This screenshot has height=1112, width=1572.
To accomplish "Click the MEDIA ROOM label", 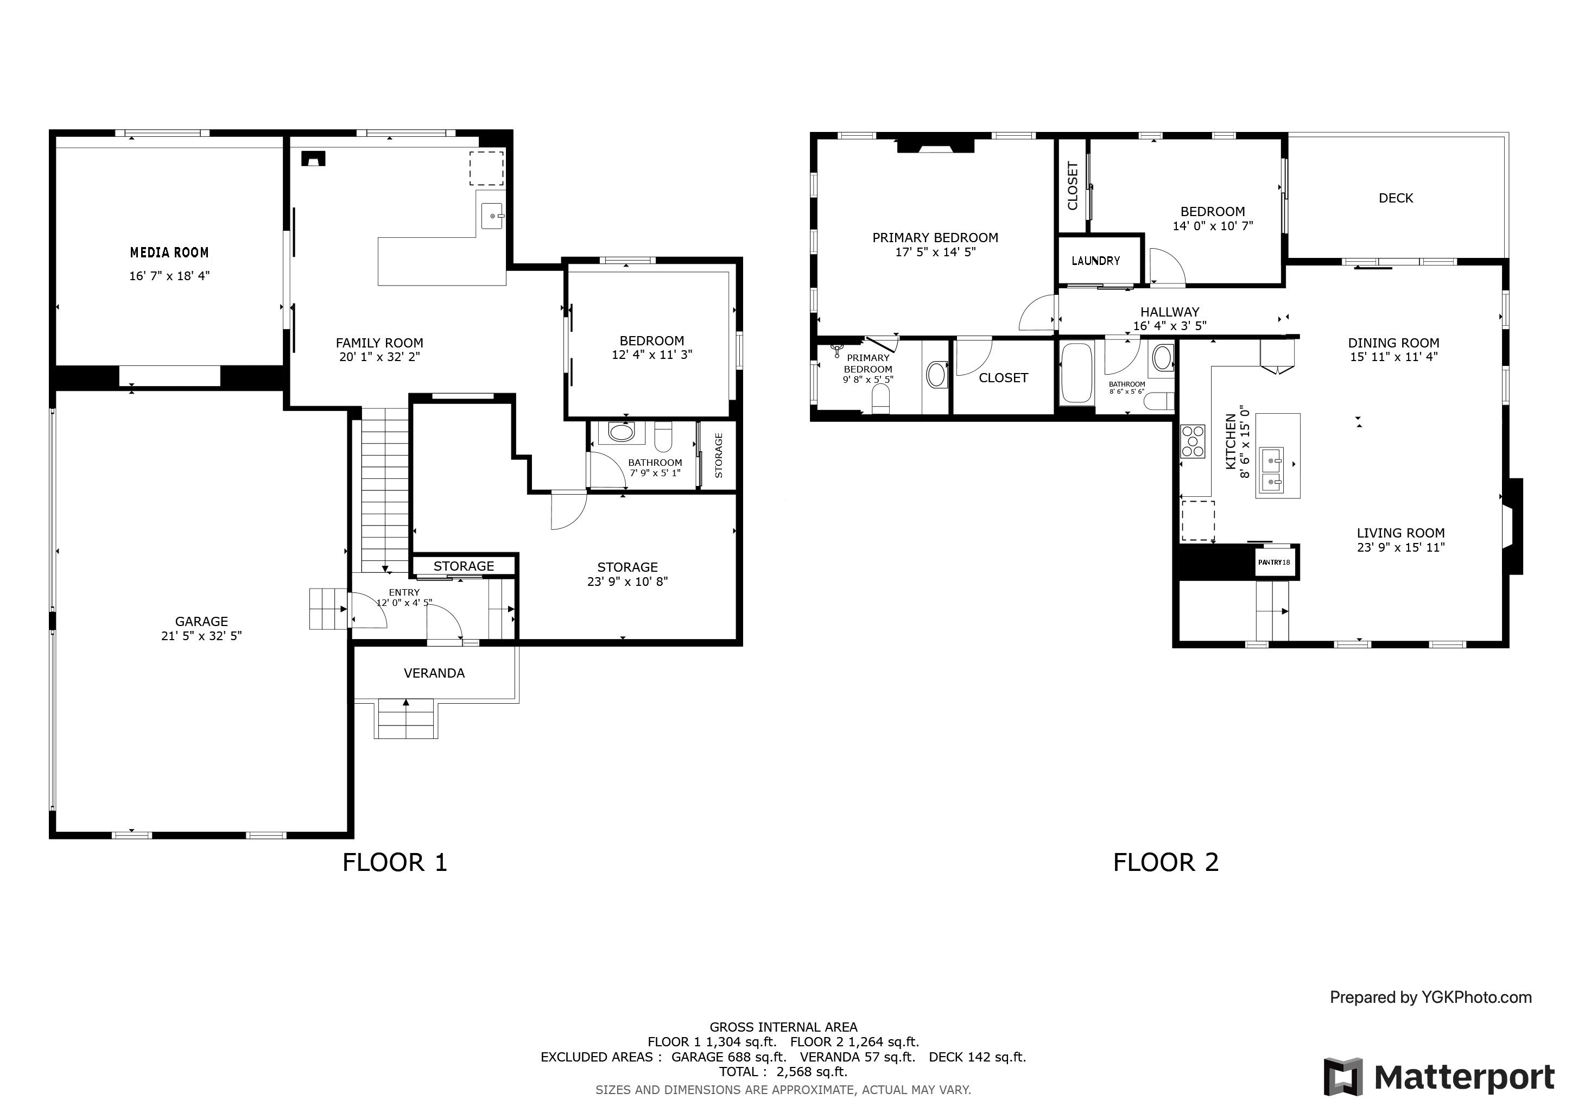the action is pyautogui.click(x=169, y=252).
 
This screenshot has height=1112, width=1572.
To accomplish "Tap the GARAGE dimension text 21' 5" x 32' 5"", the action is pyautogui.click(x=201, y=635).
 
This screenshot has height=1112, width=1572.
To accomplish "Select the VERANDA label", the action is pyautogui.click(x=434, y=673).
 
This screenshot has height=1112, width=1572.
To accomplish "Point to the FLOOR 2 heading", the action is pyautogui.click(x=1166, y=862).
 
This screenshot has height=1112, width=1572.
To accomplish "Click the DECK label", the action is pyautogui.click(x=1396, y=198).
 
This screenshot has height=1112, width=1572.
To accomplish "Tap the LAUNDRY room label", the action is pyautogui.click(x=1095, y=261).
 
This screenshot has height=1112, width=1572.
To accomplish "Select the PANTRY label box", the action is pyautogui.click(x=1274, y=562).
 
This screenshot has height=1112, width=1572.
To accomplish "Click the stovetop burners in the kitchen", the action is pyautogui.click(x=1192, y=441).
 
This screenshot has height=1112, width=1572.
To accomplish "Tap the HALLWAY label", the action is pyautogui.click(x=1169, y=312).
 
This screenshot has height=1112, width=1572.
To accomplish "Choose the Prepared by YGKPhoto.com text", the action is pyautogui.click(x=1430, y=997).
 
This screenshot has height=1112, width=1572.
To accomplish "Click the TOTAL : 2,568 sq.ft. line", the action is pyautogui.click(x=783, y=1072).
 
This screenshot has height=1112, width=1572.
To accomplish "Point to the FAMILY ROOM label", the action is pyautogui.click(x=379, y=343).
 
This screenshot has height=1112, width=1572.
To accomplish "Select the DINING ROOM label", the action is pyautogui.click(x=1393, y=343).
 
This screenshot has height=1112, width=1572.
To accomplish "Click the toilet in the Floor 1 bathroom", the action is pyautogui.click(x=663, y=436).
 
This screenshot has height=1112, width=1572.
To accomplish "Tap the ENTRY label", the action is pyautogui.click(x=404, y=592).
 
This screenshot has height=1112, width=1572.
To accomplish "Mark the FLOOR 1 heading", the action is pyautogui.click(x=395, y=862).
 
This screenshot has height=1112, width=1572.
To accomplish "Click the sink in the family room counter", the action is pyautogui.click(x=492, y=216).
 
